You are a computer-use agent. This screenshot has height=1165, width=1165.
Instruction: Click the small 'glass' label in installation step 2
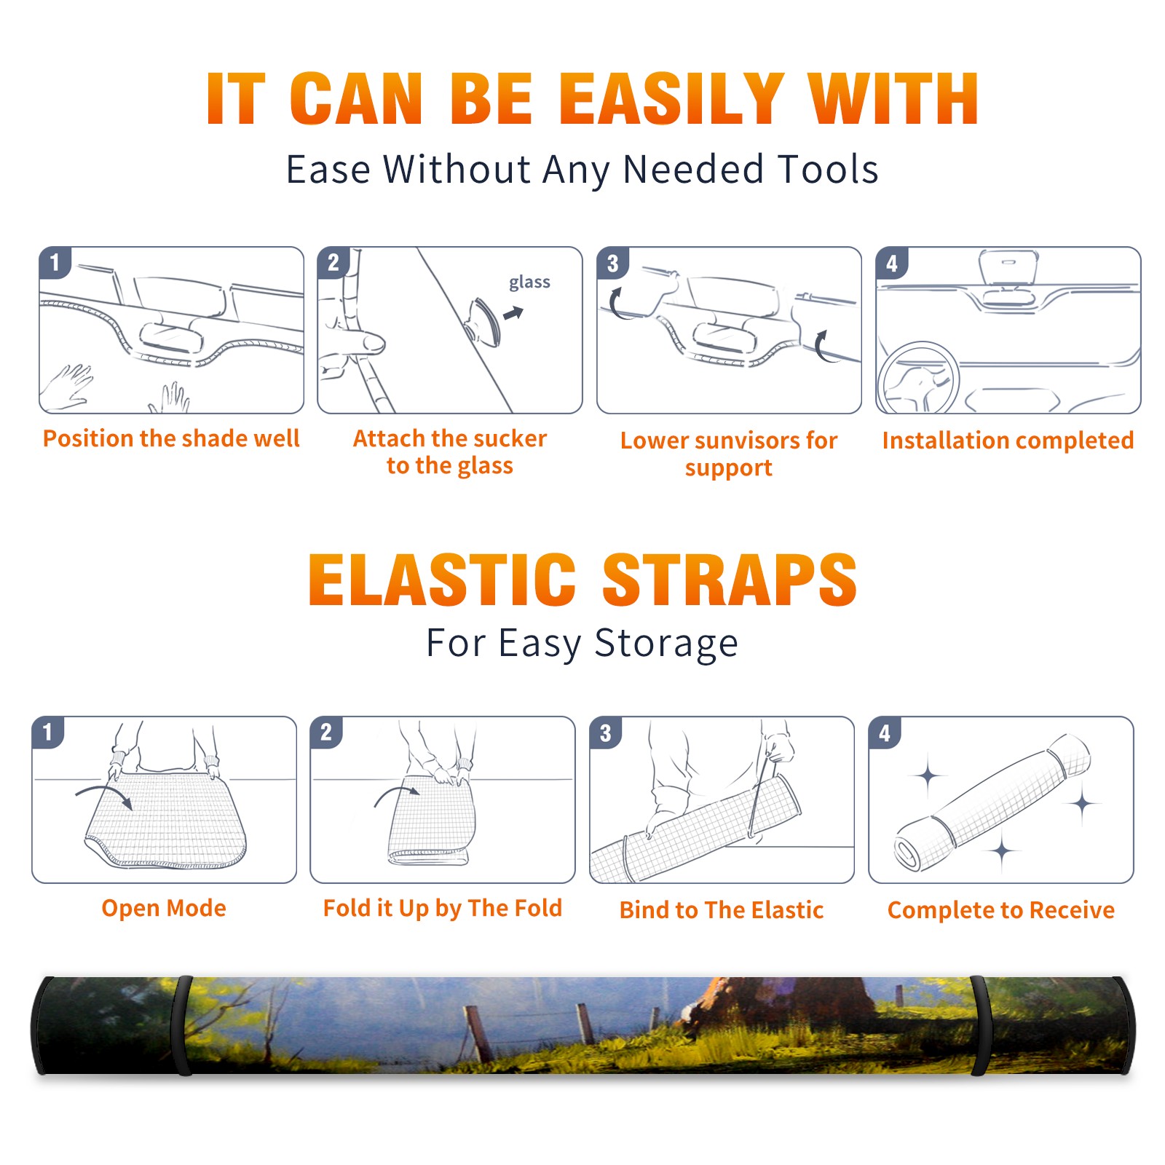[529, 283]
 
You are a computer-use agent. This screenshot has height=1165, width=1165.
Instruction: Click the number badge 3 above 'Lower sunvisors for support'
[613, 263]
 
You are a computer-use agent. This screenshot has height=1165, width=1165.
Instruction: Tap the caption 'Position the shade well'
[171, 438]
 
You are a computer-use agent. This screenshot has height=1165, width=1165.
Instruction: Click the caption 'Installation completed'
[1008, 440]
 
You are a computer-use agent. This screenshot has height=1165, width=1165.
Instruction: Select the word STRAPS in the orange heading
[730, 580]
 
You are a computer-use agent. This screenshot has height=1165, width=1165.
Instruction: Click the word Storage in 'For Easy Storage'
[666, 644]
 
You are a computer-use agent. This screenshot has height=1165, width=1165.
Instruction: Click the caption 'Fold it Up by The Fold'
[443, 908]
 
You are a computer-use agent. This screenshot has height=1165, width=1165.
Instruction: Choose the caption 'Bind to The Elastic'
[721, 909]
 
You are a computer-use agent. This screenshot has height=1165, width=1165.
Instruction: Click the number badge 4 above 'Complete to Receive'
[885, 732]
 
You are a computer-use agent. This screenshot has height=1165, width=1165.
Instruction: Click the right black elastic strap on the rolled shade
[982, 1025]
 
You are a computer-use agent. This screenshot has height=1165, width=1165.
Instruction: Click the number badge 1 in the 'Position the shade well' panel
[55, 263]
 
